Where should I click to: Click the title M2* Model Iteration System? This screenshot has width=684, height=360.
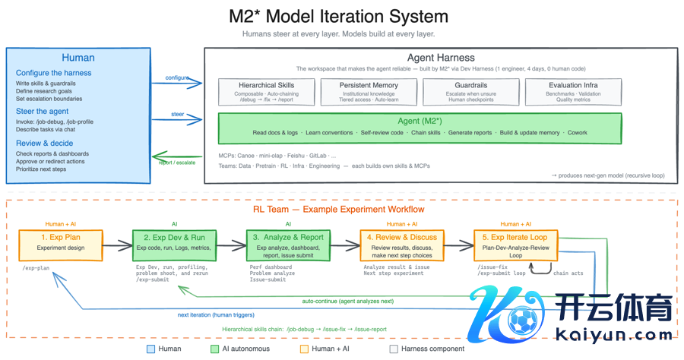click(x=338, y=16)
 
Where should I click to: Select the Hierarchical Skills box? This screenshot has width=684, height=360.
click(x=265, y=91)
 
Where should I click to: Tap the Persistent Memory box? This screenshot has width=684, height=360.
click(x=369, y=91)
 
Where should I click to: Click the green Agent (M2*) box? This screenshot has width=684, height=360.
click(x=420, y=127)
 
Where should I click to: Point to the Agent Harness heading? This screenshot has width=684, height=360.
click(x=441, y=57)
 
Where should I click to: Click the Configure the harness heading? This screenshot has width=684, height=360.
click(x=53, y=73)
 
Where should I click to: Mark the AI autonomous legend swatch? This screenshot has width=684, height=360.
click(x=215, y=349)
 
